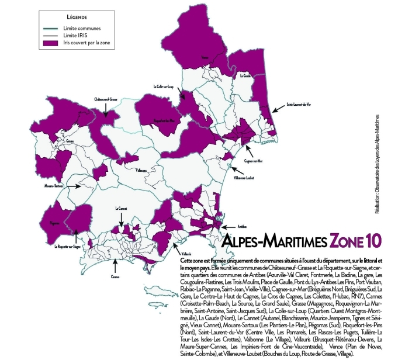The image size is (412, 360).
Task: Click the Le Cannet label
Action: pos(121,209)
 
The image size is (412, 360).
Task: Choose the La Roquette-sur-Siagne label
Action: pos(68,247)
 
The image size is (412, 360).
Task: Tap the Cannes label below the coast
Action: pos(115,278)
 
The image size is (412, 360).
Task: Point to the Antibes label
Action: pos(243,225)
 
